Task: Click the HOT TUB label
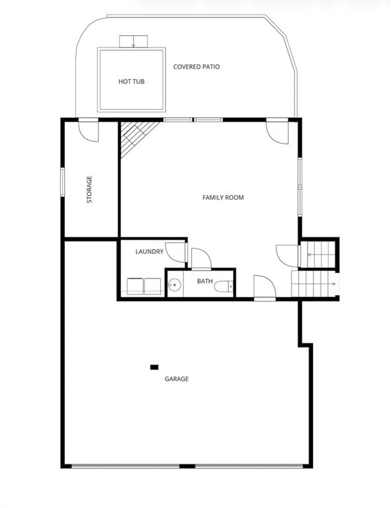[131, 81]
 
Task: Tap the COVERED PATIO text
[196, 67]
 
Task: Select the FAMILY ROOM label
[223, 197]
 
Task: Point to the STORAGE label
[89, 189]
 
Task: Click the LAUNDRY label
[150, 251]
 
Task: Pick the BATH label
[204, 281]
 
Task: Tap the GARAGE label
[177, 379]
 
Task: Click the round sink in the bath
[175, 285]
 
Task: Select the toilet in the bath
[224, 286]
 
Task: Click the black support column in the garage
[154, 367]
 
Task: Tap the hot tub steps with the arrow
[134, 41]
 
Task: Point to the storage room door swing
[89, 132]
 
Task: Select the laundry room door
[176, 253]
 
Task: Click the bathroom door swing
[201, 259]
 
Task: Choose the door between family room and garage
[265, 286]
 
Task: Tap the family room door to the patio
[277, 132]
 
